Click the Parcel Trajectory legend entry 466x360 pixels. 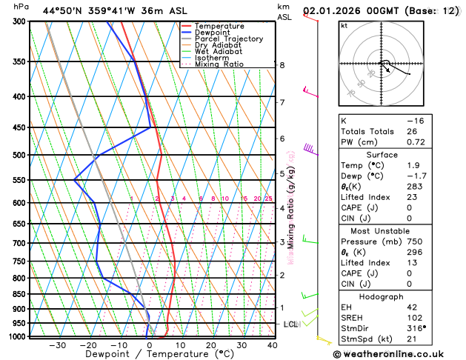(228, 39)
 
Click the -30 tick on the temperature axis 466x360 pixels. (57, 345)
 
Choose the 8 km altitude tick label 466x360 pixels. (282, 65)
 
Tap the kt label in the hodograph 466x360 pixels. (344, 25)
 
